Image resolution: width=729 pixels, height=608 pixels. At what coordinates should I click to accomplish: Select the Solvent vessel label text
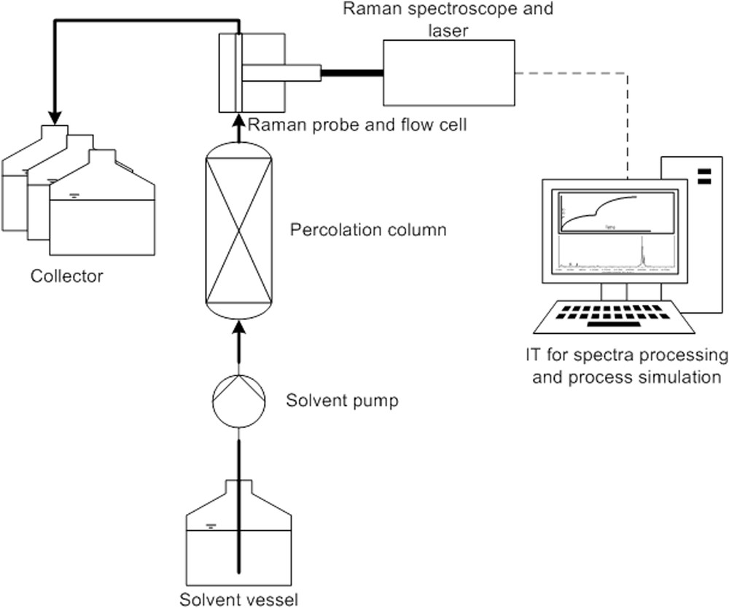(x=239, y=600)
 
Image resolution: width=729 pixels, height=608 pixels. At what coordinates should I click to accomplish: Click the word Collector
(x=67, y=276)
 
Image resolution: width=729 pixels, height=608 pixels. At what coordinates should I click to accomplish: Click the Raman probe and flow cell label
(x=357, y=125)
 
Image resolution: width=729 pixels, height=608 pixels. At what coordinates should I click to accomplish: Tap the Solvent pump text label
(x=342, y=401)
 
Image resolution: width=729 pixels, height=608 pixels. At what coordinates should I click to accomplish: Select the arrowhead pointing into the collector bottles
(x=54, y=117)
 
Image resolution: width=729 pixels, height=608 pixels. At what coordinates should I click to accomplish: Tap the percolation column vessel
(x=238, y=231)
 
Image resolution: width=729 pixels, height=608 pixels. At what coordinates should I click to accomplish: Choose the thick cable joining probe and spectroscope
(x=352, y=72)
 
